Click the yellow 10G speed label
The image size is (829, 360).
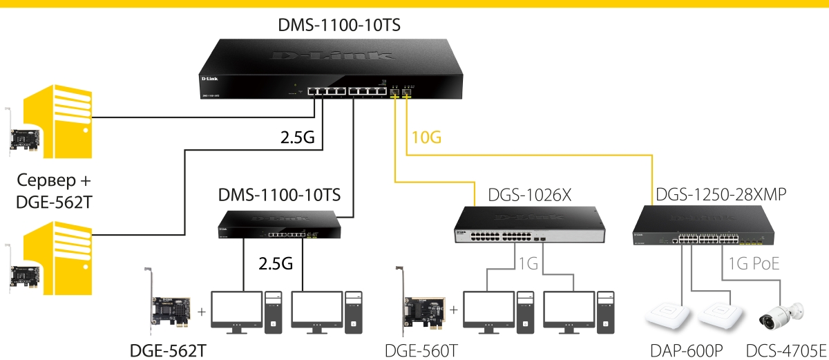426,138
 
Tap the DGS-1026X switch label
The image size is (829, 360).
530,196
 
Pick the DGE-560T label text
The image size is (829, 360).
421,350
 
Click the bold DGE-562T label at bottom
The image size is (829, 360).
168,350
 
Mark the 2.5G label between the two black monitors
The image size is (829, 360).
276,263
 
